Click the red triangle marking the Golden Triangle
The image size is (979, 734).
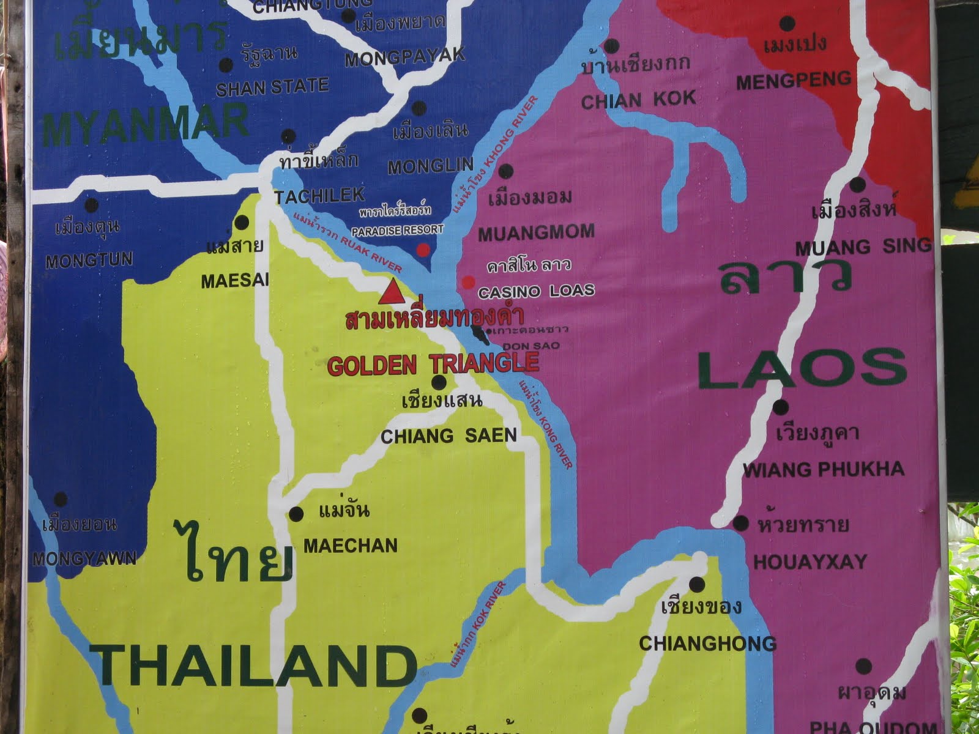pos(390,292)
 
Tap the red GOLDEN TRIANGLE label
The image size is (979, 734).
pos(433,365)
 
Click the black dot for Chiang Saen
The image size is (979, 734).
pos(439,383)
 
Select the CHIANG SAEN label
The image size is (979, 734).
pos(449,436)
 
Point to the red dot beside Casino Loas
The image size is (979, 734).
pos(468,282)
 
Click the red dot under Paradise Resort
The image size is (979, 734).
pos(423,250)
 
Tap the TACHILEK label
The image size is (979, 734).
pos(319,196)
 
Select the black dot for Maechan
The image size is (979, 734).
pos(296,514)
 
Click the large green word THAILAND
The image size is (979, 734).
pos(254,666)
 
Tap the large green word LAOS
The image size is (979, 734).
pos(802,369)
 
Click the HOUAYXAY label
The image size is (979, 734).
pos(810,562)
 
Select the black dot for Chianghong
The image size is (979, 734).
pos(696,584)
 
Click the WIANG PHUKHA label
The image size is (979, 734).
pos(823,470)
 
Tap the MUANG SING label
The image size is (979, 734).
pos(863,247)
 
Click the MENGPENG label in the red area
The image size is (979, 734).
pos(793,80)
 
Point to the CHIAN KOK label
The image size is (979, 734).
pos(638,100)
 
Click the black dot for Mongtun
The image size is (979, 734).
pos(91,206)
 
